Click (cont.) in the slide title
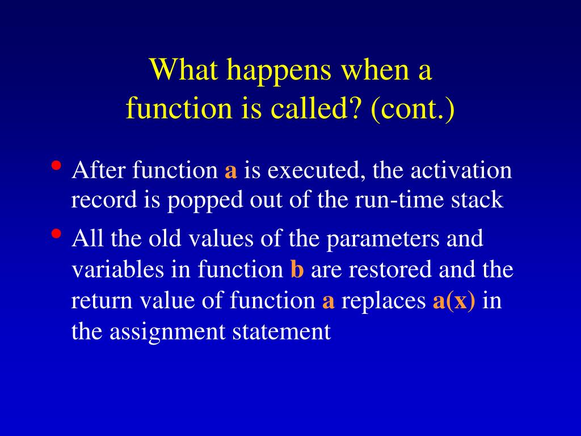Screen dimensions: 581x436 [412, 109]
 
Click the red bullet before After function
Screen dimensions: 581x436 [56, 165]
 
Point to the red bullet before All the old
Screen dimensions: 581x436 [56, 233]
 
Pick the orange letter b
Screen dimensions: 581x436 [297, 269]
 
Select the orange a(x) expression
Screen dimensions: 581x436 [453, 301]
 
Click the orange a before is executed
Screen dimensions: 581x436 [230, 171]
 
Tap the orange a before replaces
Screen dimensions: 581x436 [329, 301]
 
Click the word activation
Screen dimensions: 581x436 [461, 170]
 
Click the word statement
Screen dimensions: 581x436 [281, 332]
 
